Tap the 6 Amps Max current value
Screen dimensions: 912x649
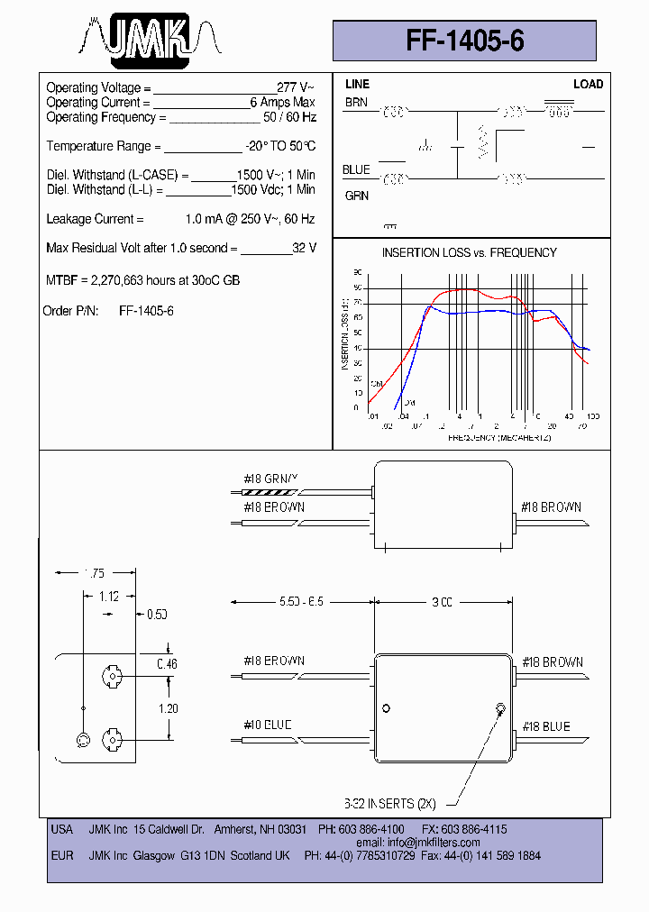[282, 103]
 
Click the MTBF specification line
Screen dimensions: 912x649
[142, 280]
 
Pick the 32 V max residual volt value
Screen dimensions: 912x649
[304, 248]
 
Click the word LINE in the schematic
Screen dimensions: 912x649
[357, 84]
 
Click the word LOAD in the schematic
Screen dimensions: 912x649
[588, 84]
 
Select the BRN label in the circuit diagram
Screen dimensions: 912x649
[356, 103]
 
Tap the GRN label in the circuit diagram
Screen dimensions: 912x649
[356, 196]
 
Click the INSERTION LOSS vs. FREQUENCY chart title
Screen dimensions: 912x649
[469, 252]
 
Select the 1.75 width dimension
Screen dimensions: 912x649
[95, 572]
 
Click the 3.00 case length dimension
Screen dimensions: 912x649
[441, 602]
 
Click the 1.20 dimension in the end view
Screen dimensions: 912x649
[169, 708]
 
